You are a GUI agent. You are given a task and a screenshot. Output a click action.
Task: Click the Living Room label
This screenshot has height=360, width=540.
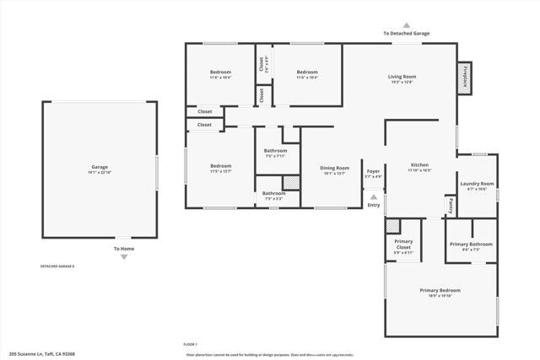click(x=402, y=77)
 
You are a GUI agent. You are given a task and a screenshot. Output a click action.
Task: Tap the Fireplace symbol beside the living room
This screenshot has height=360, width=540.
click(x=464, y=76)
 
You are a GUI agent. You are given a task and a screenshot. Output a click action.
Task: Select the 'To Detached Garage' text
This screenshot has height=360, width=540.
click(x=406, y=34)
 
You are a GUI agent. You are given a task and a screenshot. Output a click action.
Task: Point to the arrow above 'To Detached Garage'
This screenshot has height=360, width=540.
click(x=406, y=25)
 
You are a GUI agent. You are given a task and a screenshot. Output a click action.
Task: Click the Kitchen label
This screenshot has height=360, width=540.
click(x=420, y=164)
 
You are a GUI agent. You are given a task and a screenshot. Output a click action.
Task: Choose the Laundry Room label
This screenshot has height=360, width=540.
click(x=477, y=184)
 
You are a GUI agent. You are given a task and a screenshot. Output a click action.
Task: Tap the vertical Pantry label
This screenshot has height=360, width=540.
click(x=449, y=205)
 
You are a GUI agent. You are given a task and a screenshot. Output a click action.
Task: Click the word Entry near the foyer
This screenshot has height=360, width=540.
click(x=373, y=205)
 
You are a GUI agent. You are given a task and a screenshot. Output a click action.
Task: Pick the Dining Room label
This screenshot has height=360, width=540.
click(x=334, y=168)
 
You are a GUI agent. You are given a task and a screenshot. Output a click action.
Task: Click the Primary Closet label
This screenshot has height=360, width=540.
click(x=403, y=243)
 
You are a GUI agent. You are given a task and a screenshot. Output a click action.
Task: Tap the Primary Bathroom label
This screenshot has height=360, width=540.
click(x=470, y=244)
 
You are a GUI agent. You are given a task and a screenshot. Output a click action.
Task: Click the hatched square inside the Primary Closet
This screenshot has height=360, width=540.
click(x=392, y=226)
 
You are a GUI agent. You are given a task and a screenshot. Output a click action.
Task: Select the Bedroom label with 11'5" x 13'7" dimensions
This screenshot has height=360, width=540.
click(x=221, y=166)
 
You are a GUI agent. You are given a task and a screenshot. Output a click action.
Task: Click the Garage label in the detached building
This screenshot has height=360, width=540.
click(x=100, y=167)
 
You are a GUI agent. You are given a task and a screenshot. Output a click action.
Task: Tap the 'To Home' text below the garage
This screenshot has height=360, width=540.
click(x=124, y=249)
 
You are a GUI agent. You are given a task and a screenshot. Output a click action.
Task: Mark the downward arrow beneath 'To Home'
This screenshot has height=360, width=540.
click(x=124, y=257)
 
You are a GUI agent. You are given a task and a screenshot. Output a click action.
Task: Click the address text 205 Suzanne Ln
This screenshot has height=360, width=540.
click(x=42, y=353)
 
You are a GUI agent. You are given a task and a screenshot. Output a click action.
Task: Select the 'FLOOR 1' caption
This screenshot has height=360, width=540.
click(x=190, y=345)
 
